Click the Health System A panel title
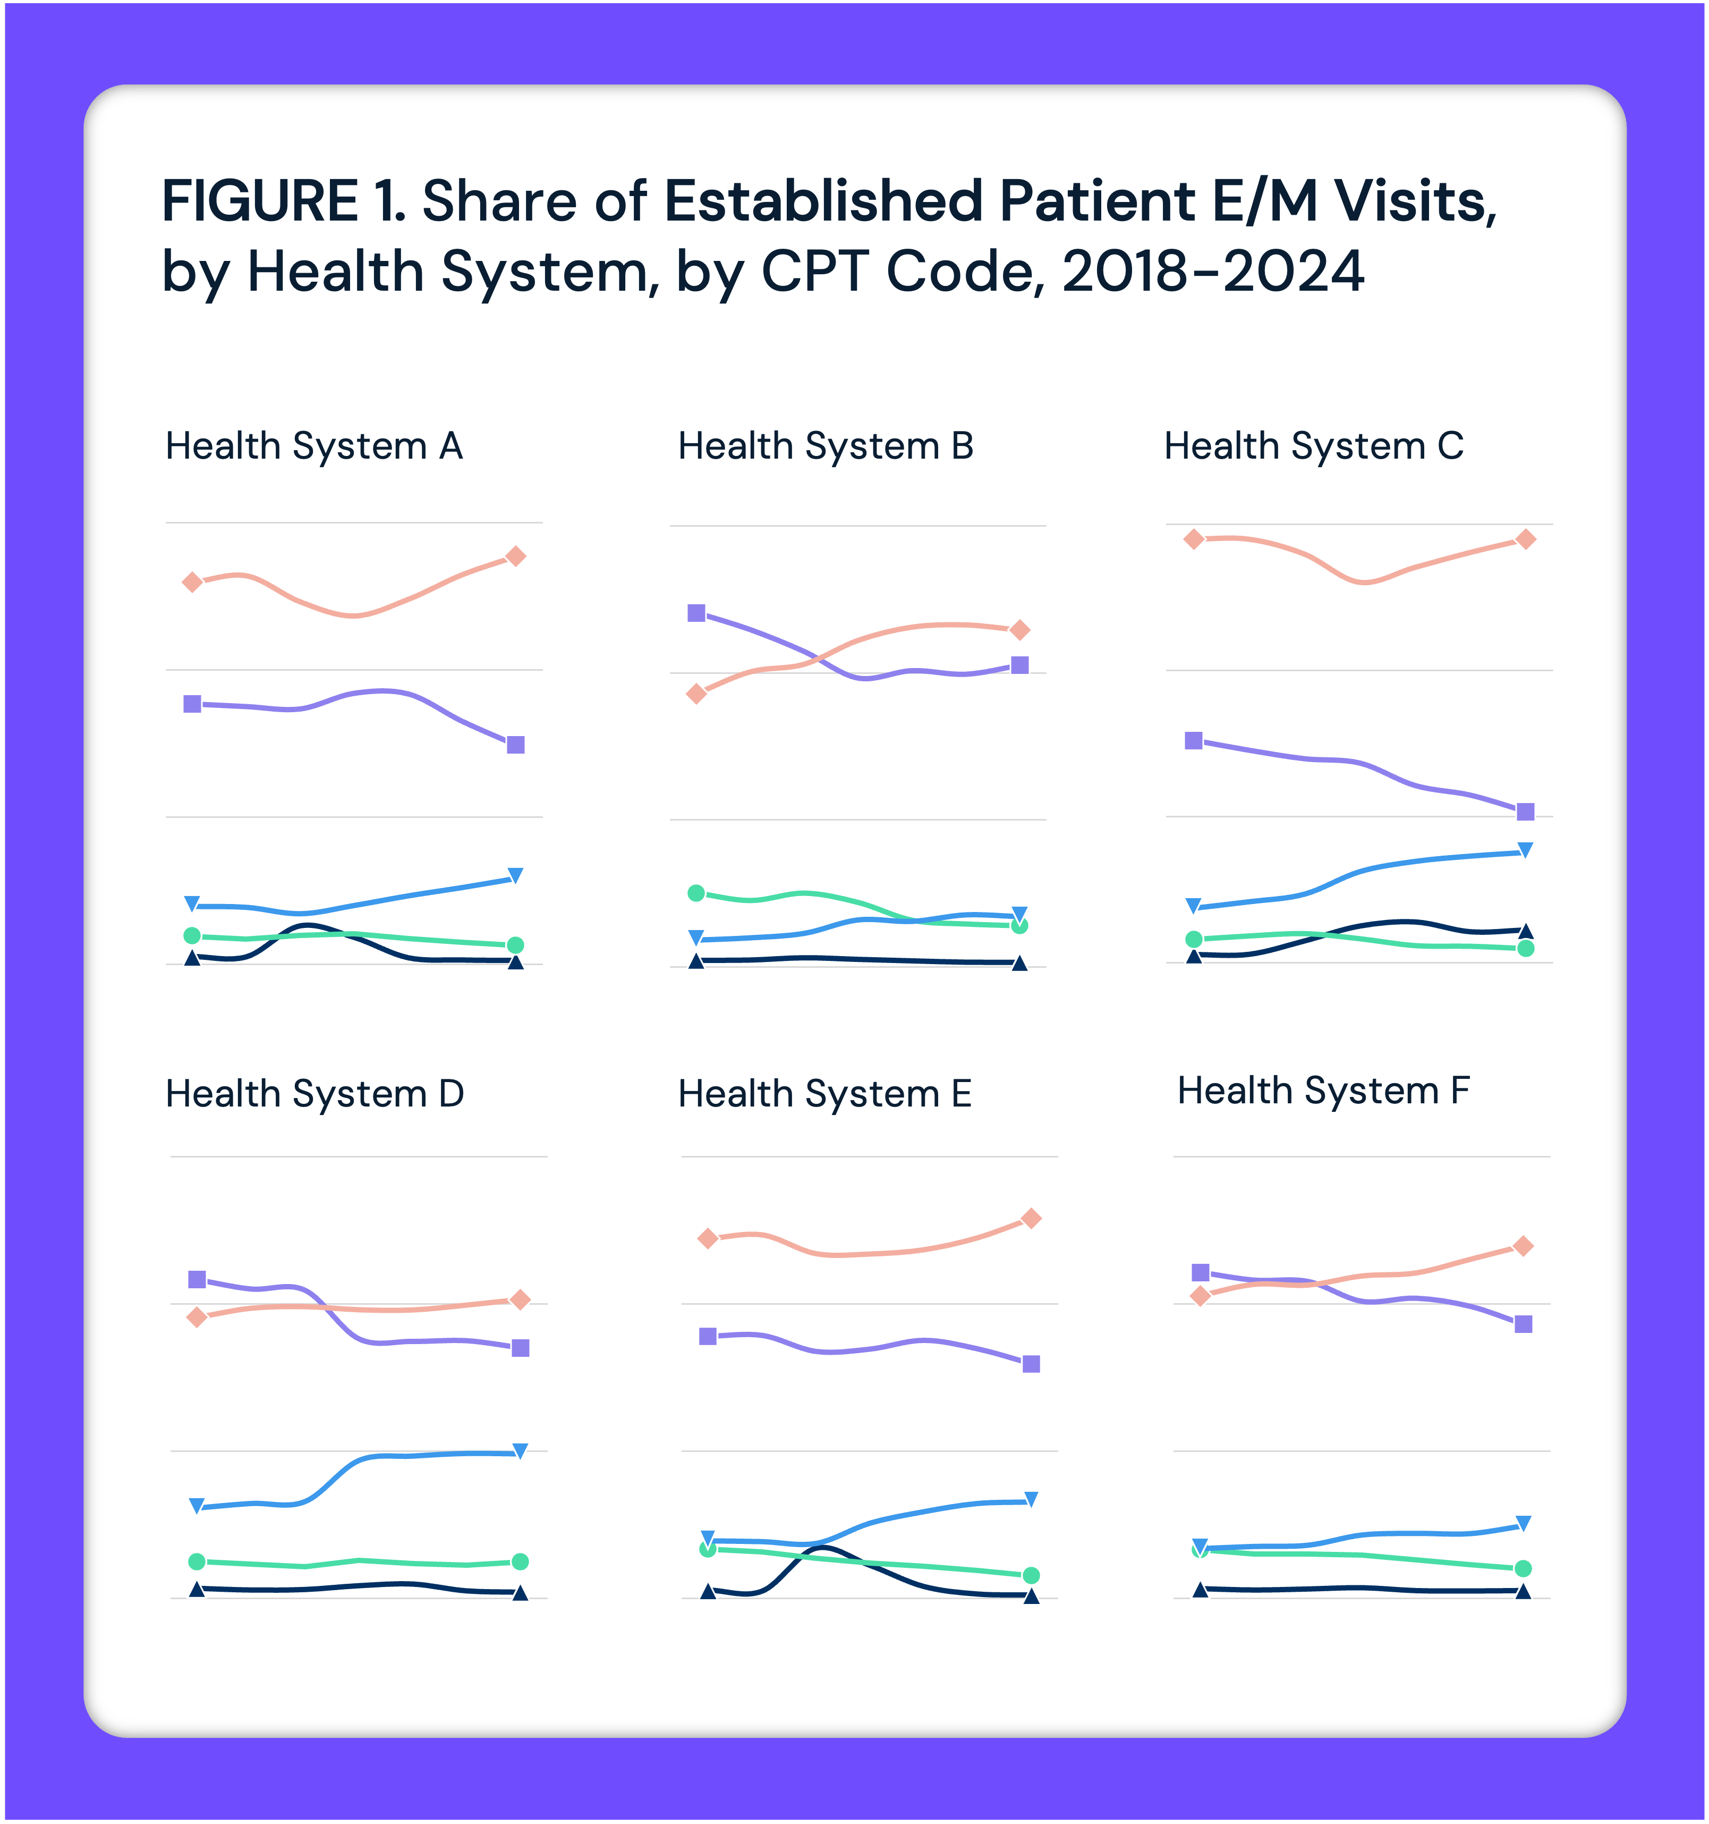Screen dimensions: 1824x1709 tap(314, 447)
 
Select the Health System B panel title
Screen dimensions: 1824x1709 tap(826, 447)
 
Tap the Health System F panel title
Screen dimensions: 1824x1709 tap(1324, 1091)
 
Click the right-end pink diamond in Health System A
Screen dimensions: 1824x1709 tap(515, 556)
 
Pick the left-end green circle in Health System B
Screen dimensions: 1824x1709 tap(696, 893)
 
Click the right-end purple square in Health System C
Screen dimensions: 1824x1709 tap(1526, 811)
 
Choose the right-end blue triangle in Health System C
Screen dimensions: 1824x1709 tap(1526, 850)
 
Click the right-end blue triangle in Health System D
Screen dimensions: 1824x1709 tap(520, 1450)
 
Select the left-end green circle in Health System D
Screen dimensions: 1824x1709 tap(197, 1561)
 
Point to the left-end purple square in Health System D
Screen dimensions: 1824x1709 tap(197, 1279)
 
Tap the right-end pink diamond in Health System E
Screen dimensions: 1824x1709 tap(1031, 1219)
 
